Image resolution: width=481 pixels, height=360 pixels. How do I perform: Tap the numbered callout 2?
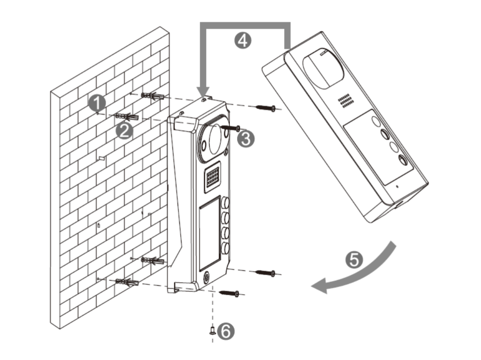click(x=124, y=130)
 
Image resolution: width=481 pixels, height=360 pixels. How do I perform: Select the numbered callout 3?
click(x=245, y=139)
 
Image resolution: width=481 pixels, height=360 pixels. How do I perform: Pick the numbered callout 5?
click(x=354, y=259)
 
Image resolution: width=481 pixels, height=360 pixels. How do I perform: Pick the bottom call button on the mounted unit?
click(x=225, y=247)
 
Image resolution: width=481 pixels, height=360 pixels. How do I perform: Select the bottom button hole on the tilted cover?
click(x=402, y=161)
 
